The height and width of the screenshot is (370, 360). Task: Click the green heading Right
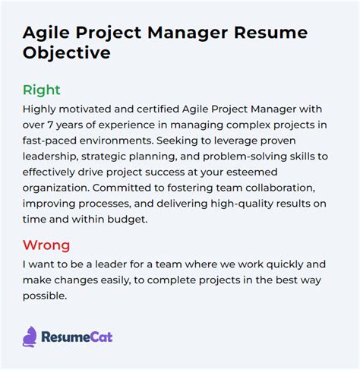coord(41,90)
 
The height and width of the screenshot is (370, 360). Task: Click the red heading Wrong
coord(46,245)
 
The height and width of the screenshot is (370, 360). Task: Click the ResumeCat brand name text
coord(79,337)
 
